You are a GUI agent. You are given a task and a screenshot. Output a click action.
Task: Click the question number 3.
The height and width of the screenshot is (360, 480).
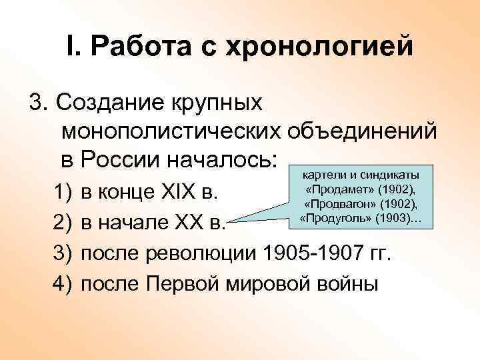click(x=37, y=105)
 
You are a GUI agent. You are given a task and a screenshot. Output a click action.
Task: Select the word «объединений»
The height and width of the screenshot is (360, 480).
click(x=363, y=132)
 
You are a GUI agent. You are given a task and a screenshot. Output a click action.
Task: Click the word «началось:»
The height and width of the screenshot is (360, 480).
click(x=229, y=160)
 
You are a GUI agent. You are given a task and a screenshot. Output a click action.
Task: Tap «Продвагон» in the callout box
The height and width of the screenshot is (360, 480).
click(x=345, y=203)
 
